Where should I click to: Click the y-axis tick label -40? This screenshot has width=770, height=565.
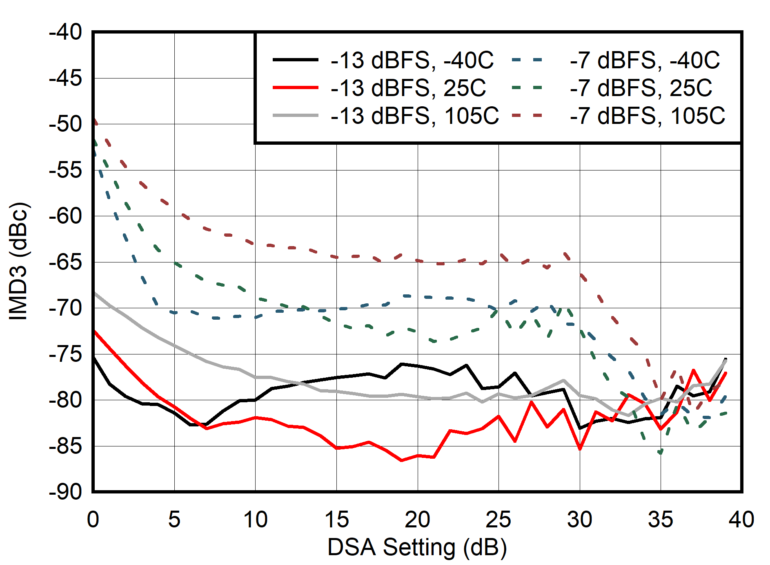pos(65,32)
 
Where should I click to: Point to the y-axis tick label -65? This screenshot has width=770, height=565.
pos(65,262)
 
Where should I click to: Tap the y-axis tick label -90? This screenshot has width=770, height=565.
pos(65,492)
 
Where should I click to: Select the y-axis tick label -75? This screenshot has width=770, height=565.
pos(65,354)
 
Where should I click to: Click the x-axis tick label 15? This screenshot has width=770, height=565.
pos(337,520)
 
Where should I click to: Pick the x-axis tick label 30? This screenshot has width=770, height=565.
pos(580,520)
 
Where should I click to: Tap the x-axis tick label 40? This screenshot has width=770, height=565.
pos(741,520)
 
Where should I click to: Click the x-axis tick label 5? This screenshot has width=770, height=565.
pos(174,520)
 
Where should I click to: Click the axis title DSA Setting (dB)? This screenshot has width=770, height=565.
pos(417,547)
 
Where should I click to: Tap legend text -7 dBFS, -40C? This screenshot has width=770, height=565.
pos(645,60)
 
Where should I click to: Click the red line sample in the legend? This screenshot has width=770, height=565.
pos(295,88)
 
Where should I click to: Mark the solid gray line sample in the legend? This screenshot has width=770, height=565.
pos(295,116)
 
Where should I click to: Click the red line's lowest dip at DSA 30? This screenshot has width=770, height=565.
pos(580,449)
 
